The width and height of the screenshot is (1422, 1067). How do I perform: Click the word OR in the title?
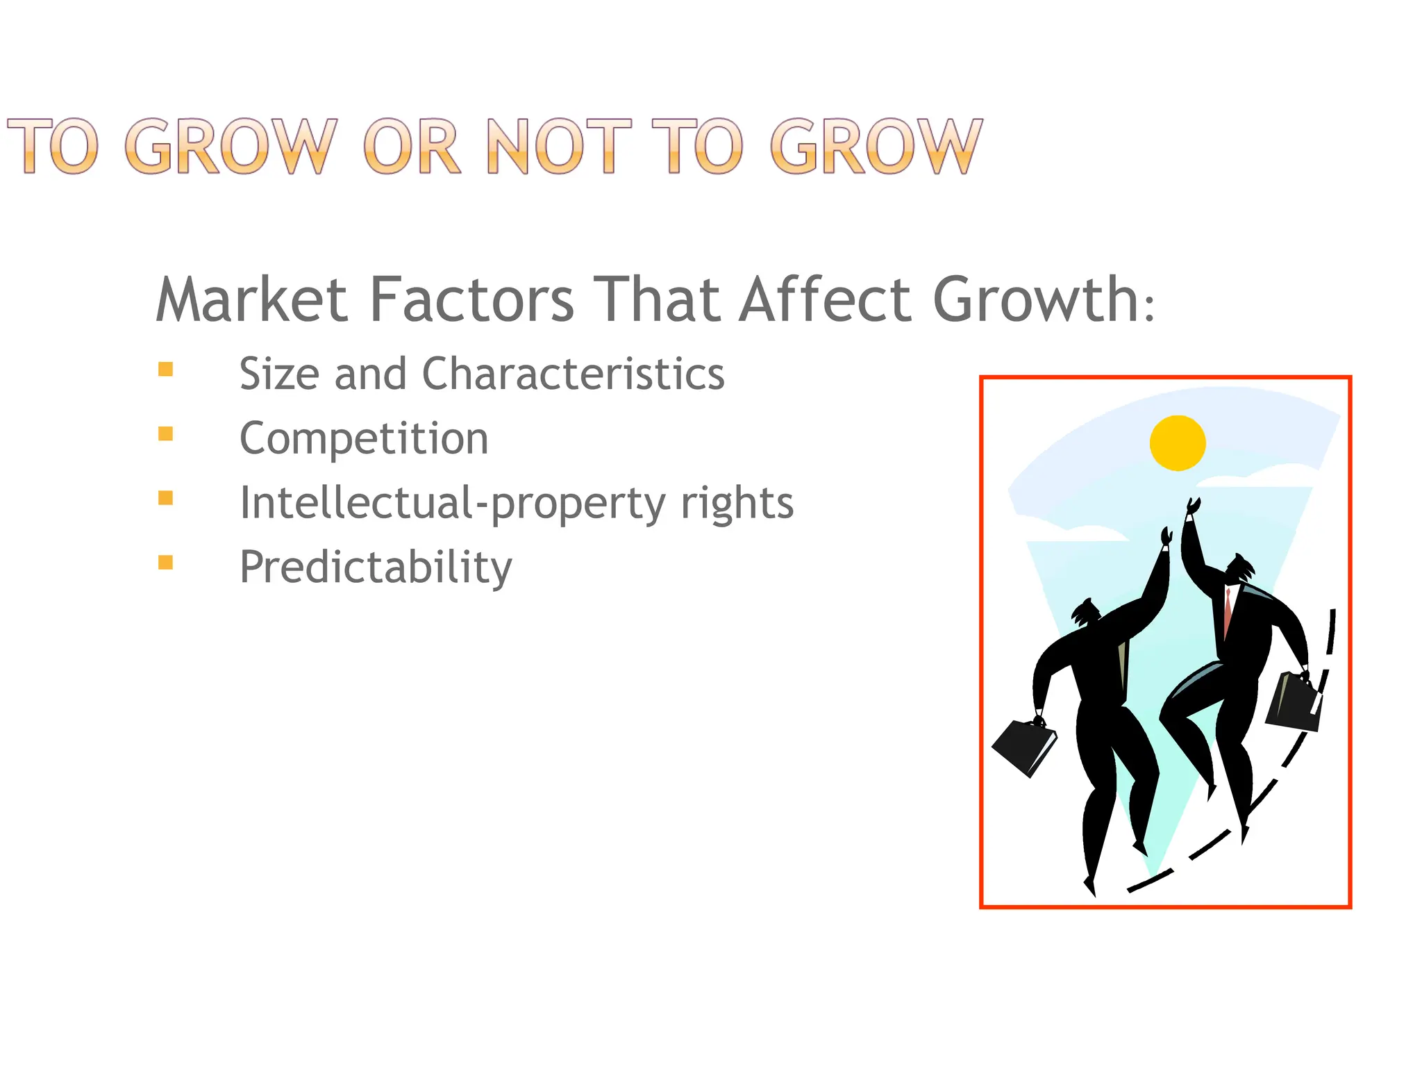(x=411, y=147)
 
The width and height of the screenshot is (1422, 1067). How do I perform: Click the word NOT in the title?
(x=558, y=147)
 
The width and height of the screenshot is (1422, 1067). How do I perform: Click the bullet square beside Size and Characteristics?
(x=165, y=369)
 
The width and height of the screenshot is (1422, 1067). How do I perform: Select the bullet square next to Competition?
(x=165, y=433)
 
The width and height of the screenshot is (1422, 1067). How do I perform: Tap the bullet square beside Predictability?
(x=165, y=562)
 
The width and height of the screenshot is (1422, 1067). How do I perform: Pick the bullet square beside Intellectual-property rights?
(x=165, y=497)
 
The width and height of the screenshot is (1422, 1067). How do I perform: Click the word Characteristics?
(x=573, y=374)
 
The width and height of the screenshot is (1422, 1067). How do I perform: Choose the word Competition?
(x=364, y=438)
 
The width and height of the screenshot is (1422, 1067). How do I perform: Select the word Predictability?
(x=376, y=568)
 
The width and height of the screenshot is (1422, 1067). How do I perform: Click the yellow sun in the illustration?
(x=1178, y=443)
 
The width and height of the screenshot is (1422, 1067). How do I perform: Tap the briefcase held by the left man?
(x=1023, y=747)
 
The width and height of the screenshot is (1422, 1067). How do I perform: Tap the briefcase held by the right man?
(x=1293, y=702)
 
